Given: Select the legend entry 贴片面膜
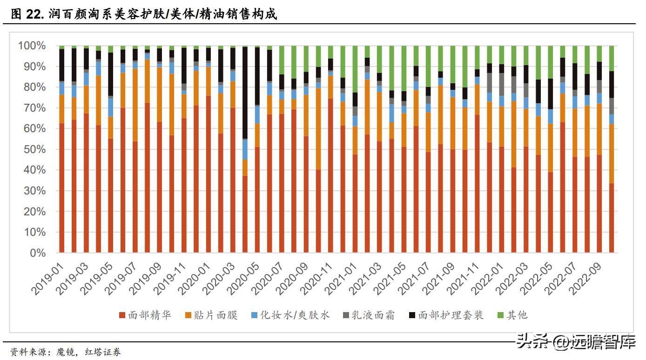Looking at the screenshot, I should [x=216, y=315].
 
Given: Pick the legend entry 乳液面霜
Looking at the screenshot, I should [x=373, y=315].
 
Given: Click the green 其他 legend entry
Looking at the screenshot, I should [x=517, y=315].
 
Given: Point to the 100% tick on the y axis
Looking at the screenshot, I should [x=32, y=46].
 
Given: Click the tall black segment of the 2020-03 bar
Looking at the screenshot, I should [x=245, y=93].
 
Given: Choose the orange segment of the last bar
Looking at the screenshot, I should [x=611, y=153].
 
